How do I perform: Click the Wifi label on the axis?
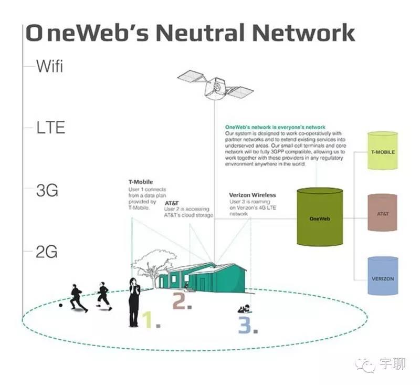pyautogui.click(x=50, y=67)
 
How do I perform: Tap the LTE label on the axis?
pyautogui.click(x=50, y=128)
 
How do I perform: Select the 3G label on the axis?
pyautogui.click(x=47, y=190)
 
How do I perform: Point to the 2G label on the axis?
pyautogui.click(x=47, y=253)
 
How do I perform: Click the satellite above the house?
pyautogui.click(x=215, y=87)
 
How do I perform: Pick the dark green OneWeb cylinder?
pyautogui.click(x=316, y=216)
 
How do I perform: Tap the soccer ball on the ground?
pyautogui.click(x=61, y=305)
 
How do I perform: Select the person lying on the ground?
pyautogui.click(x=244, y=308)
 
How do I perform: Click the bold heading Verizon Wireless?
pyautogui.click(x=253, y=195)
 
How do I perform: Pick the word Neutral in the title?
pyautogui.click(x=201, y=33)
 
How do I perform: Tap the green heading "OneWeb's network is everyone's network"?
pyautogui.click(x=275, y=127)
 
